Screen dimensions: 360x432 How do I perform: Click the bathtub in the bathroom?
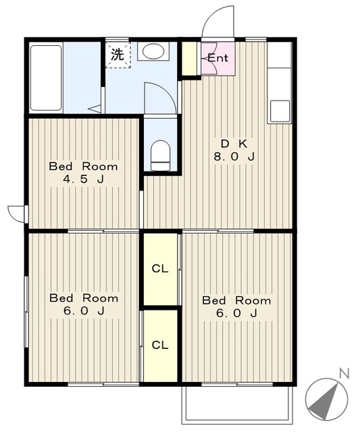[46, 78]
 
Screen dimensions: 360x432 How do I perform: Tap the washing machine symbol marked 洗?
[118, 55]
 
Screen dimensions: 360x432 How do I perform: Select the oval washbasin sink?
[153, 51]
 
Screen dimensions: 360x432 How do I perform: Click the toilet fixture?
[161, 155]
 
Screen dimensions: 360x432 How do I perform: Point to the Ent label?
[217, 58]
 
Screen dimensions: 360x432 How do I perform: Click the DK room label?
[234, 144]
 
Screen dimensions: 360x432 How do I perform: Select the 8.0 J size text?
[234, 157]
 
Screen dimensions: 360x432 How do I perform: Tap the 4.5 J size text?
[84, 180]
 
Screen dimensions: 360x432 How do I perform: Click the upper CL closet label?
[160, 269]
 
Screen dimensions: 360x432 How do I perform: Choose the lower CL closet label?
[160, 345]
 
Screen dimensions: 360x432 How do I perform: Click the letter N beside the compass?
[344, 373]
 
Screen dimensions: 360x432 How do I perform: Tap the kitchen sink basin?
[280, 111]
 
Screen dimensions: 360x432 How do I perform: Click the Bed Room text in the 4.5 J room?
[84, 167]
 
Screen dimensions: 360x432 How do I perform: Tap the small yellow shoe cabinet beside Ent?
[190, 58]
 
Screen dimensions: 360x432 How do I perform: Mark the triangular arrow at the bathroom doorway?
[95, 109]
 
